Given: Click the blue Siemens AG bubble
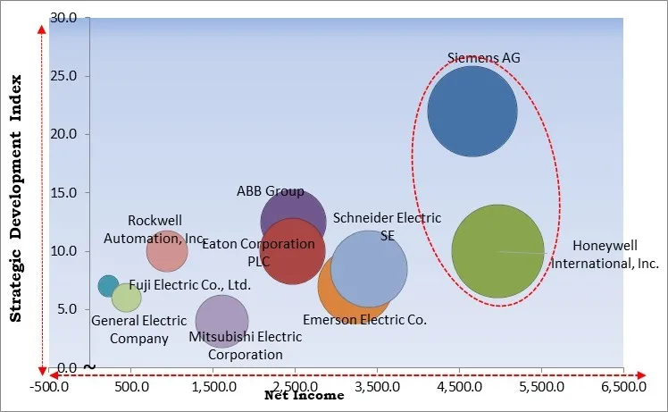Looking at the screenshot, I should [472, 111].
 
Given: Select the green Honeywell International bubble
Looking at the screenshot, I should [497, 251].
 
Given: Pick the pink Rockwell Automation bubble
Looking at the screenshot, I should [167, 251].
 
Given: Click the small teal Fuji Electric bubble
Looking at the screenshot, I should [108, 286].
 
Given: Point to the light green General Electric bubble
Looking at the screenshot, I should [127, 297].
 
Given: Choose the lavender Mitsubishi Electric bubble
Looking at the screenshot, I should [221, 322].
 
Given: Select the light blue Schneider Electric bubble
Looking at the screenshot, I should [368, 269].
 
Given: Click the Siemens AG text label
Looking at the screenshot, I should [483, 58].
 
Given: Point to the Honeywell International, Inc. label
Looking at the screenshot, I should [605, 255].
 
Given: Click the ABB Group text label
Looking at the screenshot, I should [270, 191].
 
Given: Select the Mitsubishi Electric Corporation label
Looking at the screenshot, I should [245, 345].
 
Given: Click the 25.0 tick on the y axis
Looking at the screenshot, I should [63, 76].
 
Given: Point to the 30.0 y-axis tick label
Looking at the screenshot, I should [63, 18].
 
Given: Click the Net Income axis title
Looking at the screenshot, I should [304, 396].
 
